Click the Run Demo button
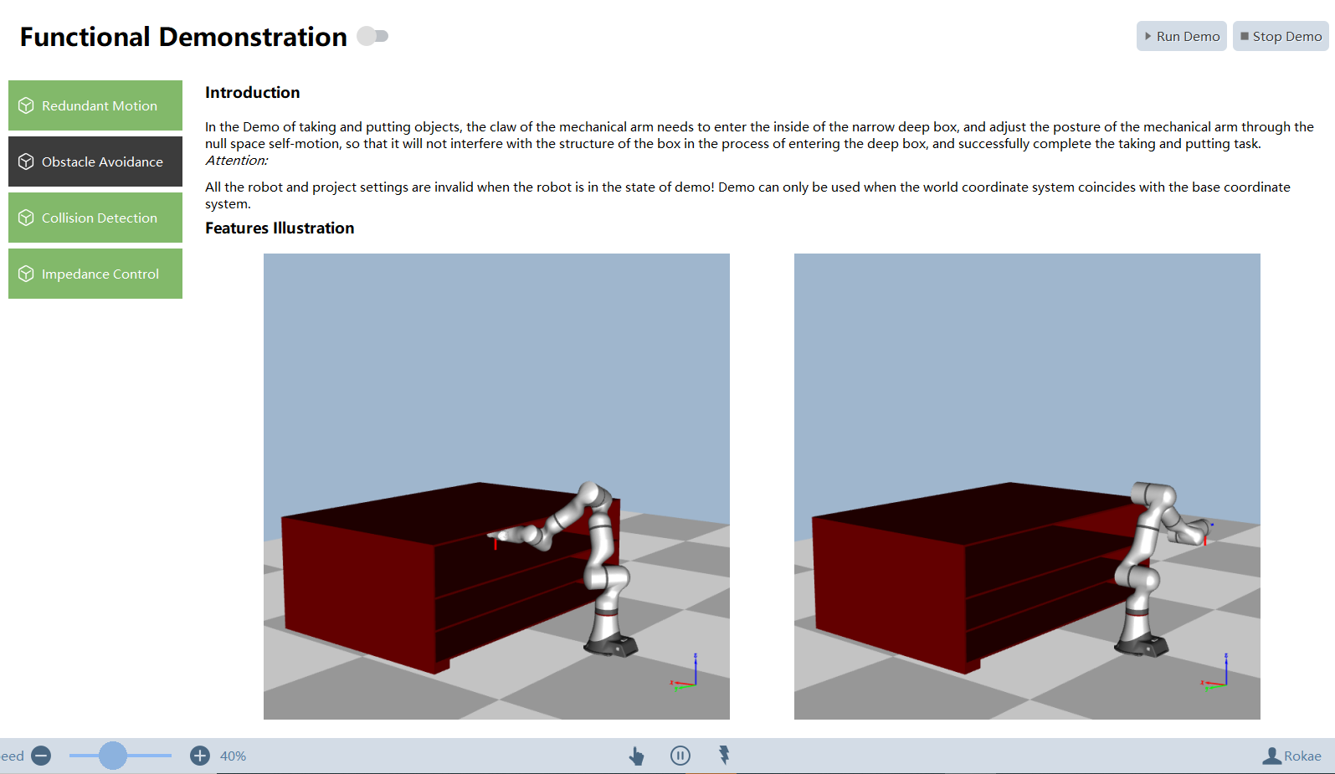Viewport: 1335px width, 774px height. [1181, 36]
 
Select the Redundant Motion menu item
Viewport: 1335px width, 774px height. [95, 105]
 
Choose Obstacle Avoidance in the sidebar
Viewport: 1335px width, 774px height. [95, 161]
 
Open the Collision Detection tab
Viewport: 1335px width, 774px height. [95, 218]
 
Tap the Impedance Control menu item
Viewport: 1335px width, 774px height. [95, 274]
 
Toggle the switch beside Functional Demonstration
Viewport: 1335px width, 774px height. [372, 36]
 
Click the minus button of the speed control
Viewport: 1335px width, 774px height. [41, 756]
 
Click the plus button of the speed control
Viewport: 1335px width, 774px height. [200, 756]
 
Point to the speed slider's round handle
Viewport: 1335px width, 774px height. [113, 756]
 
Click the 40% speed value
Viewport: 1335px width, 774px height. [233, 756]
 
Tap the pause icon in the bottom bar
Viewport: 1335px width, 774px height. [680, 756]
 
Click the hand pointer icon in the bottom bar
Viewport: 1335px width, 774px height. [636, 756]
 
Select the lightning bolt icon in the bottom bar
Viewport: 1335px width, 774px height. [724, 755]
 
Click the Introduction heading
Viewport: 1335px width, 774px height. [252, 92]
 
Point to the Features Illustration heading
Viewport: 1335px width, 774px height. [280, 228]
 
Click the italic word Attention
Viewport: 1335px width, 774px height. [236, 161]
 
